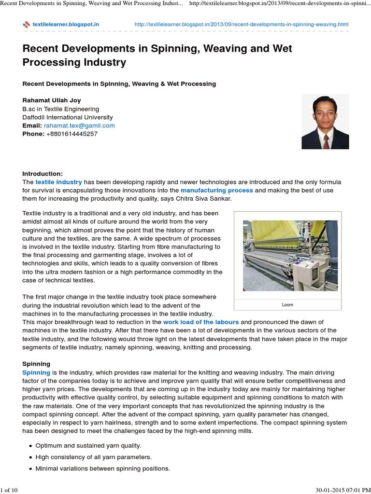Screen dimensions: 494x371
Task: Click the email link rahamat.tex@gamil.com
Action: [x=79, y=125]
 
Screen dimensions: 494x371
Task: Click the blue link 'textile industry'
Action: [x=58, y=182]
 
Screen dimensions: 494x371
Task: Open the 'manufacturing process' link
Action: [x=216, y=190]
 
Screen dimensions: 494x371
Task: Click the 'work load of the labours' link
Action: [x=201, y=322]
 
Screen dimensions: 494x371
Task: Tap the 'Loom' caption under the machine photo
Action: [x=287, y=305]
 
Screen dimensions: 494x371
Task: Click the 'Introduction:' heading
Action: [x=43, y=174]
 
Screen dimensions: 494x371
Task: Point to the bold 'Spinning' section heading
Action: [x=36, y=364]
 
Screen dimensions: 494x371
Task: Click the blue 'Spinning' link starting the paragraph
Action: [x=36, y=372]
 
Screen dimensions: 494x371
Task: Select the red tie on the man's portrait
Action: [x=326, y=140]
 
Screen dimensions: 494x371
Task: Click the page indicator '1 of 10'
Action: [x=9, y=490]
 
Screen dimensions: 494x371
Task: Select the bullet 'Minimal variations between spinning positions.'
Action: [x=102, y=468]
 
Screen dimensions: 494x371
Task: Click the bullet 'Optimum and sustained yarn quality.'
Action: [x=88, y=445]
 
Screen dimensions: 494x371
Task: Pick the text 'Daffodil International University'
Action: [x=68, y=117]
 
